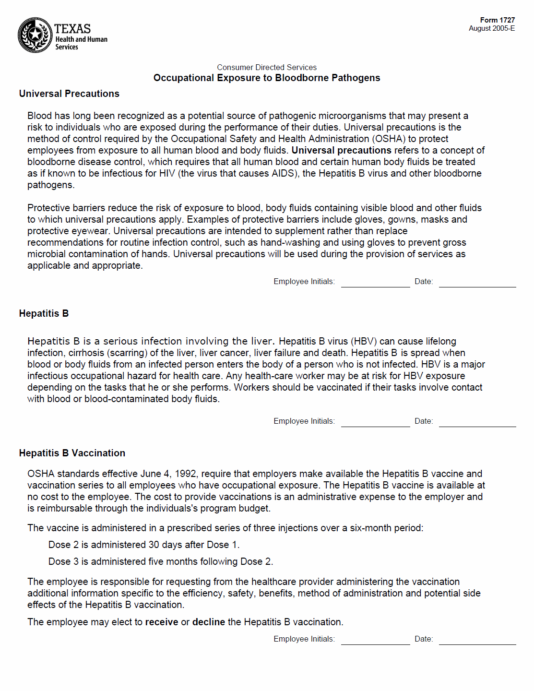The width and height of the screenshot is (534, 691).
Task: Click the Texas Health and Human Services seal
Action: [35, 35]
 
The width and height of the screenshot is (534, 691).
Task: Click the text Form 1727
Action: [497, 20]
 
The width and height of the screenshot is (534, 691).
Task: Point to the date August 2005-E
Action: [491, 28]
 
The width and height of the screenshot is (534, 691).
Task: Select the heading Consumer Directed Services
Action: [267, 67]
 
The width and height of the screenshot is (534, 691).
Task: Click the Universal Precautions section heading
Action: [69, 94]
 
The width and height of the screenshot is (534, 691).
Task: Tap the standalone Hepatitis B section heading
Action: [44, 313]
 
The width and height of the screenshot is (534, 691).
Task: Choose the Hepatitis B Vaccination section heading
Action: [72, 453]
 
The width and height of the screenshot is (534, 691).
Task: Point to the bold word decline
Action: [209, 622]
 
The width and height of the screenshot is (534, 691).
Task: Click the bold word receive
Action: [162, 622]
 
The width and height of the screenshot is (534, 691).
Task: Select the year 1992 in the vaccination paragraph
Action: [185, 474]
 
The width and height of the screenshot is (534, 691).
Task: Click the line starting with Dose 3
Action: [160, 561]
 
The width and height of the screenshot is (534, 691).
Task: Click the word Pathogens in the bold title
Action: [356, 78]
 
